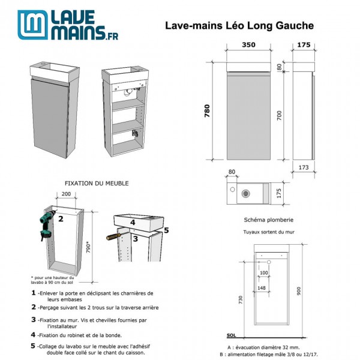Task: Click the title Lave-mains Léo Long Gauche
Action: pyautogui.click(x=239, y=26)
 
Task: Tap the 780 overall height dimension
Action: pyautogui.click(x=208, y=111)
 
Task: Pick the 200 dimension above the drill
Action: pyautogui.click(x=65, y=195)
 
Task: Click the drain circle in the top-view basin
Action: pyautogui.click(x=245, y=193)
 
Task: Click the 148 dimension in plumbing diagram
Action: pyautogui.click(x=262, y=287)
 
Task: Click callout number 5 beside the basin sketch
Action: pyautogui.click(x=166, y=229)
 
